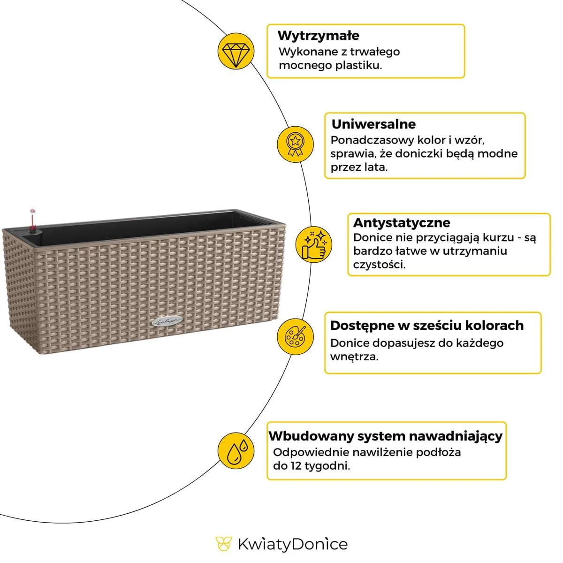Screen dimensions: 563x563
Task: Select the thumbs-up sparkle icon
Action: (313, 244)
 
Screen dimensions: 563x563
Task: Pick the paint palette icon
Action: (295, 336)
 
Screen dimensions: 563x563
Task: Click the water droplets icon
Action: (236, 451)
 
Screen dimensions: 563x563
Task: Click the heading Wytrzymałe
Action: (318, 36)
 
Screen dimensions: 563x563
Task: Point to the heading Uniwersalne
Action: (373, 124)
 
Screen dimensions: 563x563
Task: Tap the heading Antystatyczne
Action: (401, 222)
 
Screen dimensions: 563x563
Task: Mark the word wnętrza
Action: (354, 357)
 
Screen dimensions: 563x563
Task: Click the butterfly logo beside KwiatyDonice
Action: (224, 544)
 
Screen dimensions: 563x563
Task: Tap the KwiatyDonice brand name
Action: (292, 544)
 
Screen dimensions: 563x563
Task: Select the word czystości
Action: (379, 264)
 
